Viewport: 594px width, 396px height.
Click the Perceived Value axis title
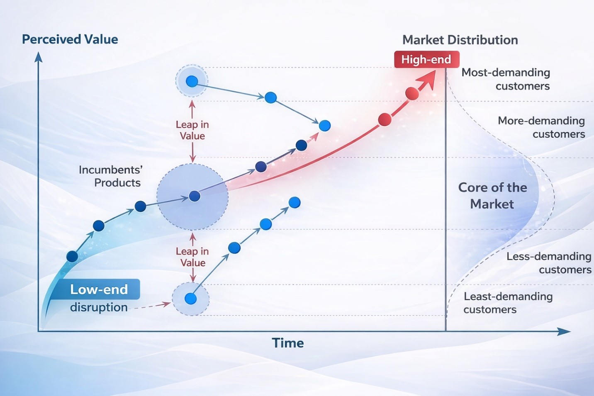(x=70, y=39)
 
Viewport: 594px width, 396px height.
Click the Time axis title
(x=288, y=343)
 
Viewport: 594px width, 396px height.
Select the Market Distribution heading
(x=460, y=40)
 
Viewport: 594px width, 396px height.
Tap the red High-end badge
(x=427, y=59)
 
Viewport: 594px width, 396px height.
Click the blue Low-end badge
(x=98, y=289)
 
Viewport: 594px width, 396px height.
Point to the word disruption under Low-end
(x=99, y=307)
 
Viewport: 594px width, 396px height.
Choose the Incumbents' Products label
(x=111, y=176)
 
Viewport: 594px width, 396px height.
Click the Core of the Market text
(x=492, y=196)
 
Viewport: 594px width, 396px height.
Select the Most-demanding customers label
(x=506, y=79)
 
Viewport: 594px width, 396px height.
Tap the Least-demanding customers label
(x=508, y=303)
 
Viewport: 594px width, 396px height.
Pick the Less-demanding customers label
(x=549, y=263)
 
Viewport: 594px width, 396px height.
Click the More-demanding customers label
(x=541, y=127)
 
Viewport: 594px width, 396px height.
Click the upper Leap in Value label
(x=192, y=130)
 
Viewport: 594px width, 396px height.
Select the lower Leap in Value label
(x=192, y=257)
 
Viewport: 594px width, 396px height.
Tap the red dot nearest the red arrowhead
(x=412, y=94)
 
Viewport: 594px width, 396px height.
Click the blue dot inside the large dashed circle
(x=195, y=196)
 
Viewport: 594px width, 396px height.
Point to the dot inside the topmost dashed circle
(x=192, y=81)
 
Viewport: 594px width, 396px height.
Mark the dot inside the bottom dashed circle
(x=190, y=299)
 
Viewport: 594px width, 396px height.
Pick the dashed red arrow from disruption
(x=150, y=306)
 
